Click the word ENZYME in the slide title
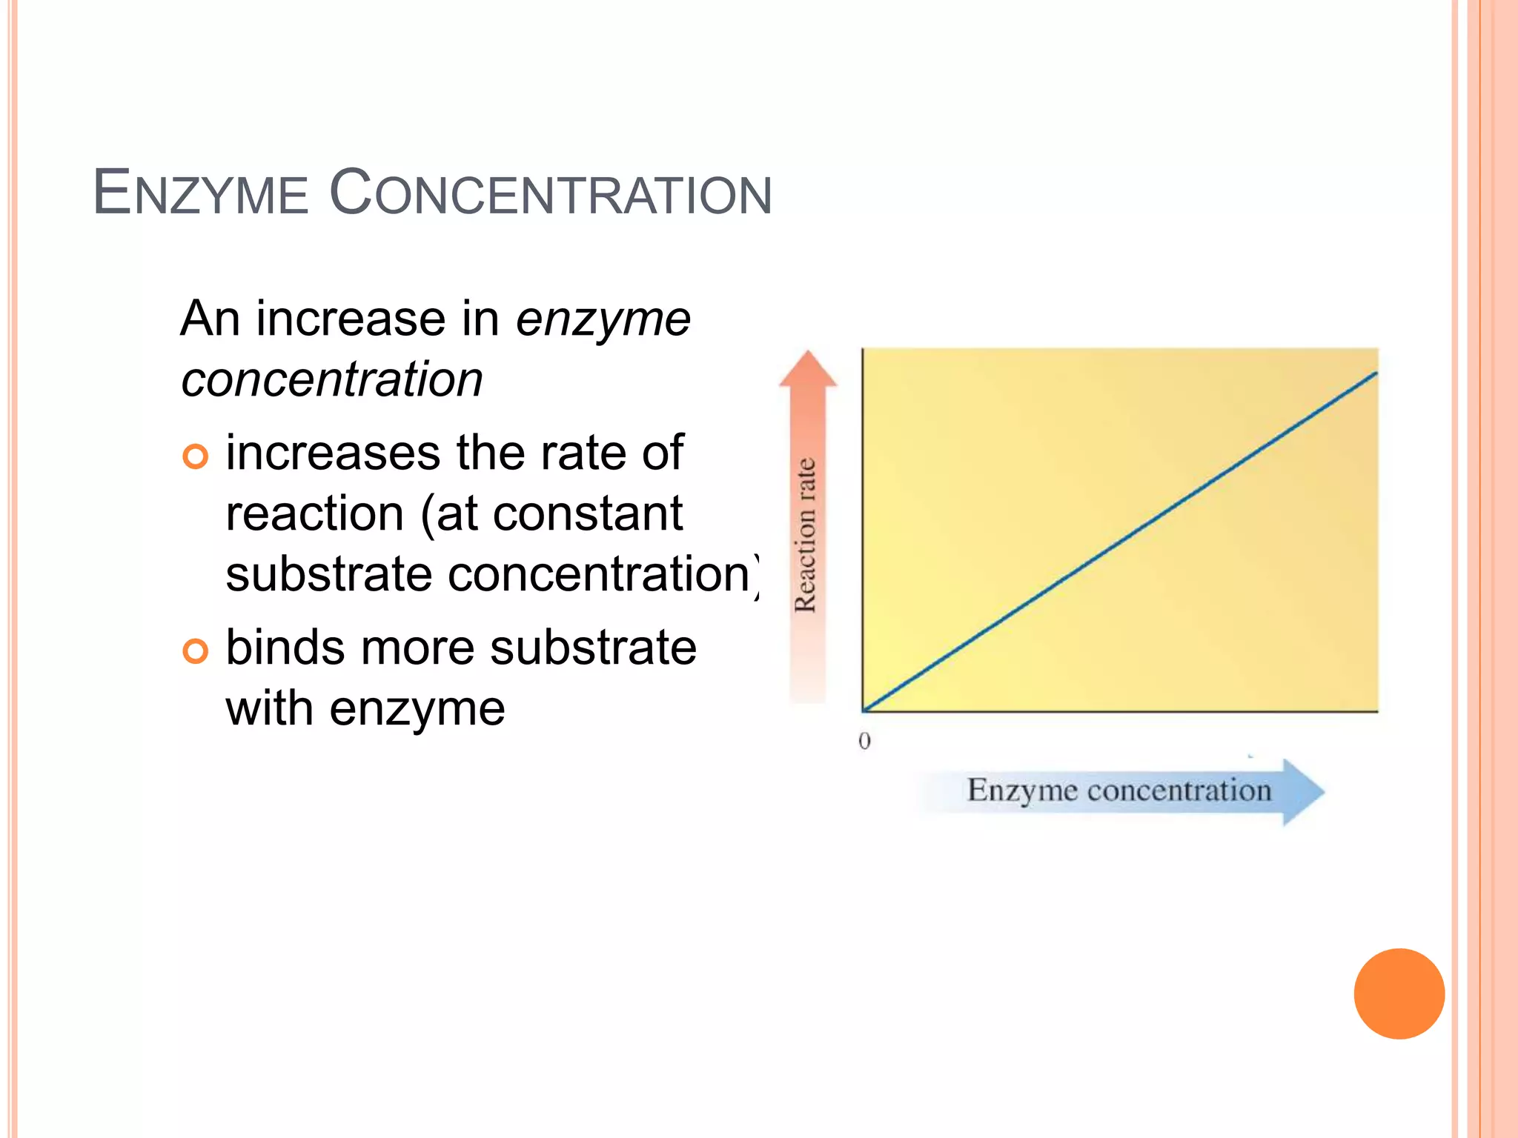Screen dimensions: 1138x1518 pyautogui.click(x=200, y=193)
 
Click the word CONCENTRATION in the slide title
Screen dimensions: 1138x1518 pyautogui.click(x=550, y=193)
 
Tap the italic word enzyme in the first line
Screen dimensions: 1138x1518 pyautogui.click(x=603, y=320)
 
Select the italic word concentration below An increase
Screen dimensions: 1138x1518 pyautogui.click(x=332, y=380)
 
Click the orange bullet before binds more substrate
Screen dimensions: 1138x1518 pyautogui.click(x=196, y=651)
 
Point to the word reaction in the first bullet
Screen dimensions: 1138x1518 pyautogui.click(x=314, y=514)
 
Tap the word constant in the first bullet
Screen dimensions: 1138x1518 pyautogui.click(x=587, y=514)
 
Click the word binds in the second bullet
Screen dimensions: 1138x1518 pyautogui.click(x=285, y=648)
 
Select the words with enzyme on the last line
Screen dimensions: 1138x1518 pyautogui.click(x=365, y=709)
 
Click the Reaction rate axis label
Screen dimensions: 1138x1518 pyautogui.click(x=806, y=535)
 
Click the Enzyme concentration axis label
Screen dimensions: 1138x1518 pyautogui.click(x=1118, y=791)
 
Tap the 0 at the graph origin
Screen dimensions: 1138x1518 pyautogui.click(x=864, y=741)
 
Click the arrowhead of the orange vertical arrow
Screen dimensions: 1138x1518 pyautogui.click(x=808, y=370)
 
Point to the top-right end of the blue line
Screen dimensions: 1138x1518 pyautogui.click(x=1375, y=375)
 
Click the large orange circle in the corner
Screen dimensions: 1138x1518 pyautogui.click(x=1399, y=994)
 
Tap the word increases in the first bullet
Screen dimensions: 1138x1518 pyautogui.click(x=333, y=453)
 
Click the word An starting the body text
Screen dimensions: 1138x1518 pyautogui.click(x=211, y=320)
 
